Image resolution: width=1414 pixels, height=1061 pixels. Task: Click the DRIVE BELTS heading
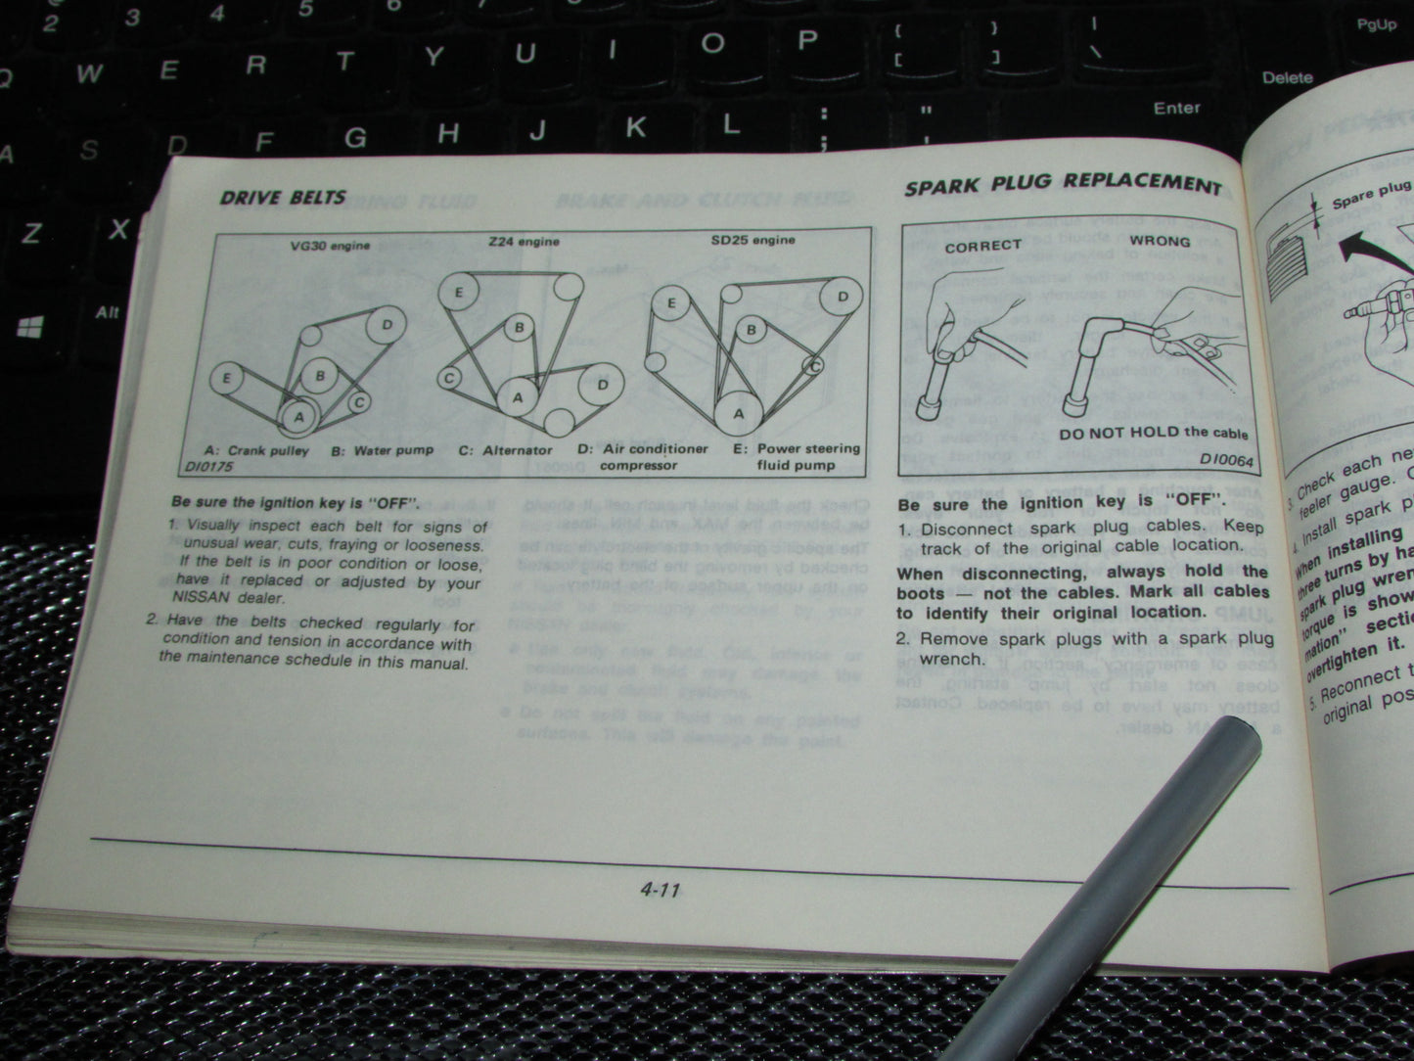tap(283, 198)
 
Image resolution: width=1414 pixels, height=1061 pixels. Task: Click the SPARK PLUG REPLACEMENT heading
tap(1063, 185)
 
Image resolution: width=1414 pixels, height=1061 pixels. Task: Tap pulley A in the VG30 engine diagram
tap(299, 416)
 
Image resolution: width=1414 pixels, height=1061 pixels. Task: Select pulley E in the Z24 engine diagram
tap(458, 292)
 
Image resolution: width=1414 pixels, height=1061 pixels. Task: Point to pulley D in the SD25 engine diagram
tap(842, 297)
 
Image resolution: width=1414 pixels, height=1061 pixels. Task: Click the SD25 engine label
tap(753, 239)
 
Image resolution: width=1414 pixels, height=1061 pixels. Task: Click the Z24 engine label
tap(525, 241)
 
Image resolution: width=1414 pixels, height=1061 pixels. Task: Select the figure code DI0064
tap(1226, 458)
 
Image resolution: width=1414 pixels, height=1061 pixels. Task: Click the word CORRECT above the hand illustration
tap(982, 246)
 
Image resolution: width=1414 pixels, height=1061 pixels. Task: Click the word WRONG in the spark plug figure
tap(1160, 241)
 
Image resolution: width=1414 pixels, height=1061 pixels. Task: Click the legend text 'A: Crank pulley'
tap(255, 450)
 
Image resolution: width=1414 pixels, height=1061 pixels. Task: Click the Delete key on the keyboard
tap(1287, 77)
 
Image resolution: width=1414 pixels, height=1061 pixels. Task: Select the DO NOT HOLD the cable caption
tap(1154, 432)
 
